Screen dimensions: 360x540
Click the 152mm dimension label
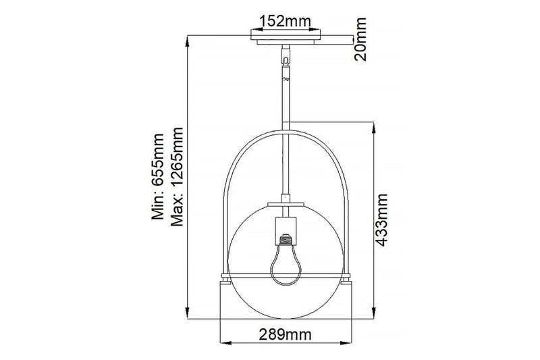(288, 20)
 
